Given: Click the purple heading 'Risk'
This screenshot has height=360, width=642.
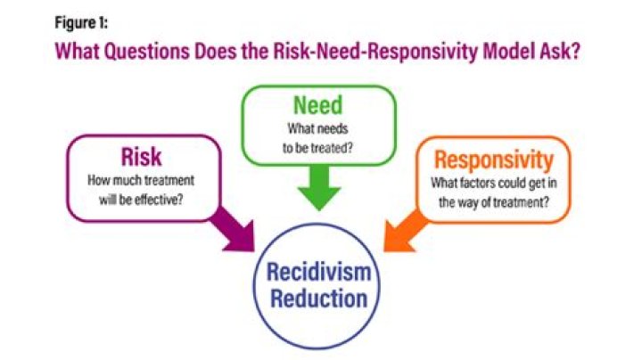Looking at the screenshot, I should [143, 158].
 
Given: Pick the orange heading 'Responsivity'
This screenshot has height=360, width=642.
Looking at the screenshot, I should [493, 161].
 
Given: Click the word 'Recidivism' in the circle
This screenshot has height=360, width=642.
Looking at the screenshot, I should [319, 273].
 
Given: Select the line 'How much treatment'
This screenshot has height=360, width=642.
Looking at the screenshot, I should [143, 181].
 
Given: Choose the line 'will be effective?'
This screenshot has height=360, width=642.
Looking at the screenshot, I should [143, 198].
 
